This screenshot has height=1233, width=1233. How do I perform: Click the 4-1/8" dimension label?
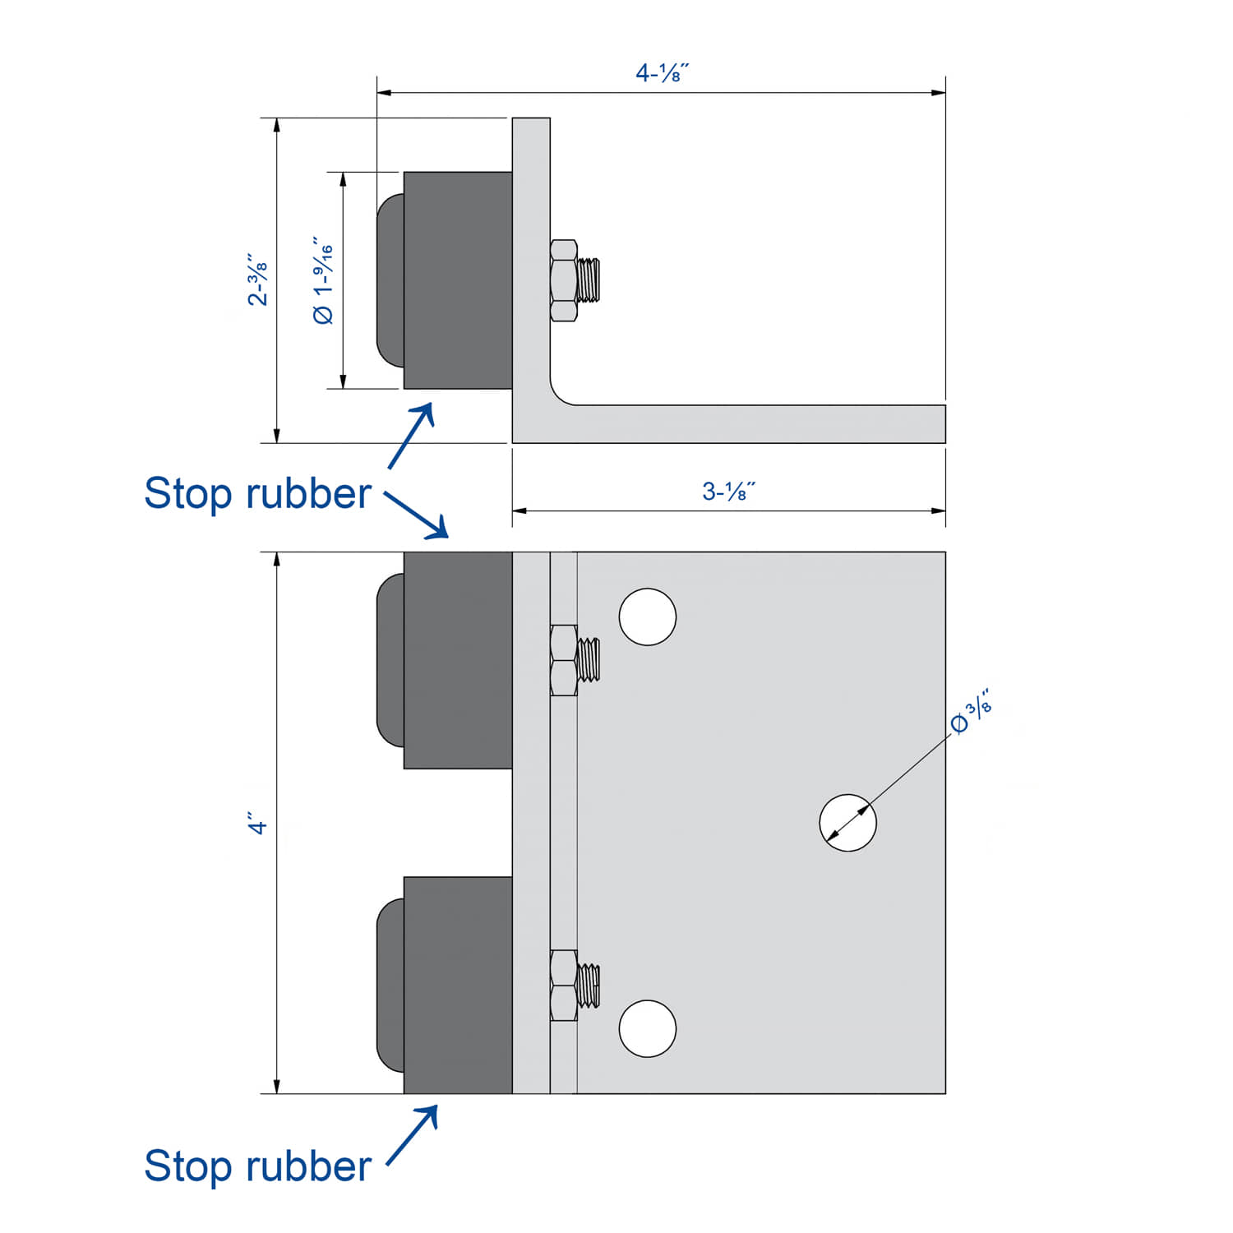pyautogui.click(x=662, y=73)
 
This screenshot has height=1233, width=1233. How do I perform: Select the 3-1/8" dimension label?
pyautogui.click(x=728, y=492)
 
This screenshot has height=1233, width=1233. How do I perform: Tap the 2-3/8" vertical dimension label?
pyautogui.click(x=257, y=279)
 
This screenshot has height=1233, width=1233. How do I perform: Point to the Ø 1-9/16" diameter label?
pyautogui.click(x=324, y=280)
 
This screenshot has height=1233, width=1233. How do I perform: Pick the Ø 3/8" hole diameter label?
pyautogui.click(x=972, y=713)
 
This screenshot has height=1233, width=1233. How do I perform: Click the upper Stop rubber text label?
pyautogui.click(x=257, y=493)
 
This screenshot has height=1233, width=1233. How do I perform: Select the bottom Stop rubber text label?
pyautogui.click(x=257, y=1166)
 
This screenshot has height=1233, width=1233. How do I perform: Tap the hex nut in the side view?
pyautogui.click(x=564, y=280)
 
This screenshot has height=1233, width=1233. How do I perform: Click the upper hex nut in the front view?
pyautogui.click(x=564, y=660)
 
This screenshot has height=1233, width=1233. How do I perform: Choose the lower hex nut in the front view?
pyautogui.click(x=564, y=985)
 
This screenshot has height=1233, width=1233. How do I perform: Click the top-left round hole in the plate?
pyautogui.click(x=648, y=616)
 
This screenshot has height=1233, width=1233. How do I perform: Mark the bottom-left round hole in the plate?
pyautogui.click(x=648, y=1028)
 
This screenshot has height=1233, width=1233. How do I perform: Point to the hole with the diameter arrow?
pyautogui.click(x=847, y=822)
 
